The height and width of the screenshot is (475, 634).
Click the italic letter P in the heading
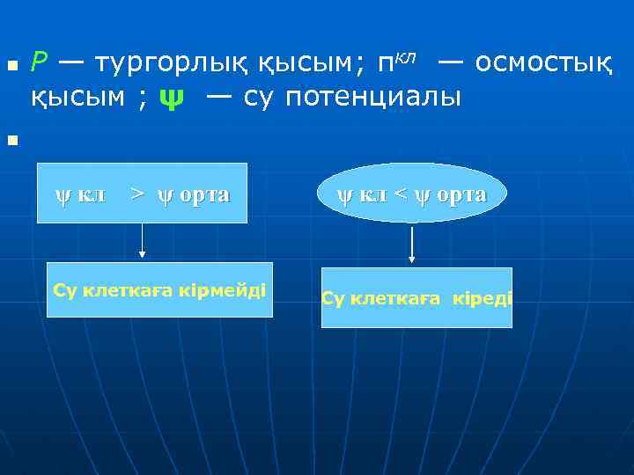[x=40, y=62]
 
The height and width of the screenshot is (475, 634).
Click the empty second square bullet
[x=11, y=140]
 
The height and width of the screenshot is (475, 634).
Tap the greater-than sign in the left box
[x=137, y=193]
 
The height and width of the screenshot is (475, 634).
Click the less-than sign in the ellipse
[x=399, y=194]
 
